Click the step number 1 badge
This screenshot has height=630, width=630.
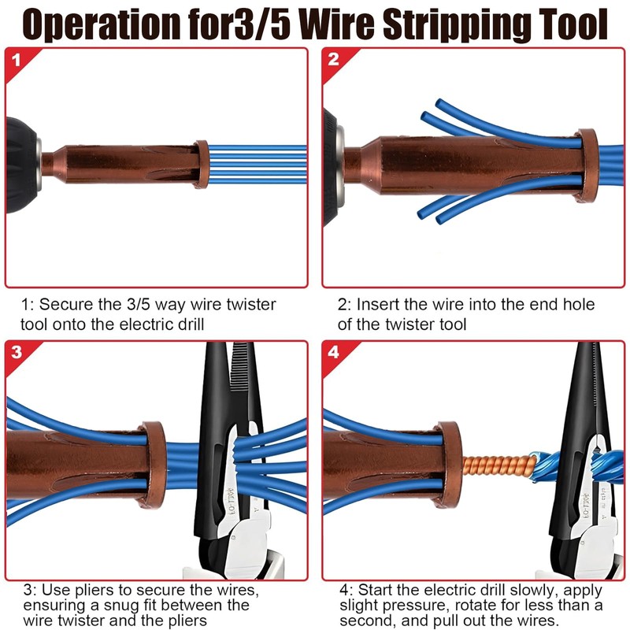pos(17,59)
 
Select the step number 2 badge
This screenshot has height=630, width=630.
pos(333,59)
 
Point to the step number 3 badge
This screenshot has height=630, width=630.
pos(17,352)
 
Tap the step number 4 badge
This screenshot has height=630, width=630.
pos(333,352)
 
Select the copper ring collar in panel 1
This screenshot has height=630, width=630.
pos(202,165)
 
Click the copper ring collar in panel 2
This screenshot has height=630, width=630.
pos(586,165)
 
